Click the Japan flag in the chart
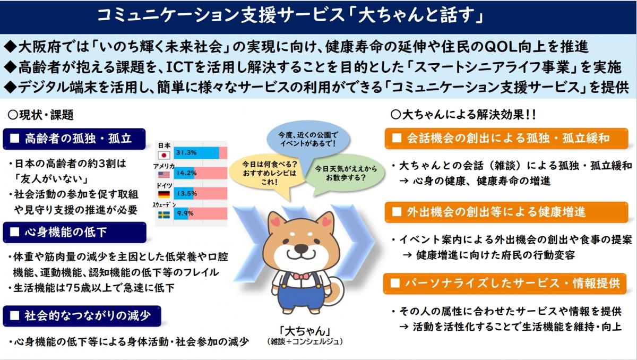165,155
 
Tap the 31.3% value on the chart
187,153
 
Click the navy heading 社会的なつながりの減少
82,315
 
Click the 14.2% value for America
187,173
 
